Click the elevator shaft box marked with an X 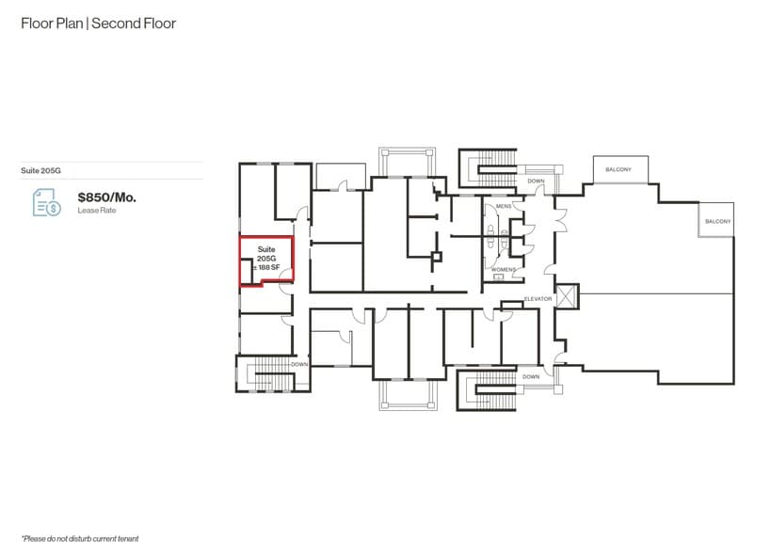tap(568, 296)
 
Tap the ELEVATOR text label tap(538, 298)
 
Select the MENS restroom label tap(503, 205)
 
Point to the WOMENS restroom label tap(503, 269)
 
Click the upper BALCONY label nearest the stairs tap(618, 169)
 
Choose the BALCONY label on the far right tap(717, 221)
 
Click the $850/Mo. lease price tap(107, 197)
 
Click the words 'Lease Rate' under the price tap(95, 211)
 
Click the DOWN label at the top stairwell tap(536, 181)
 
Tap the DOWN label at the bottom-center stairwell tap(531, 376)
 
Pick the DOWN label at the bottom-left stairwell tap(299, 364)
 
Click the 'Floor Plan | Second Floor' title tap(98, 23)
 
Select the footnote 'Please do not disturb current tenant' tap(80, 538)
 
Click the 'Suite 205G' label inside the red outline tap(266, 253)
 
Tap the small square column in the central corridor tap(436, 257)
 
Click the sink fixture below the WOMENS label tap(499, 277)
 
